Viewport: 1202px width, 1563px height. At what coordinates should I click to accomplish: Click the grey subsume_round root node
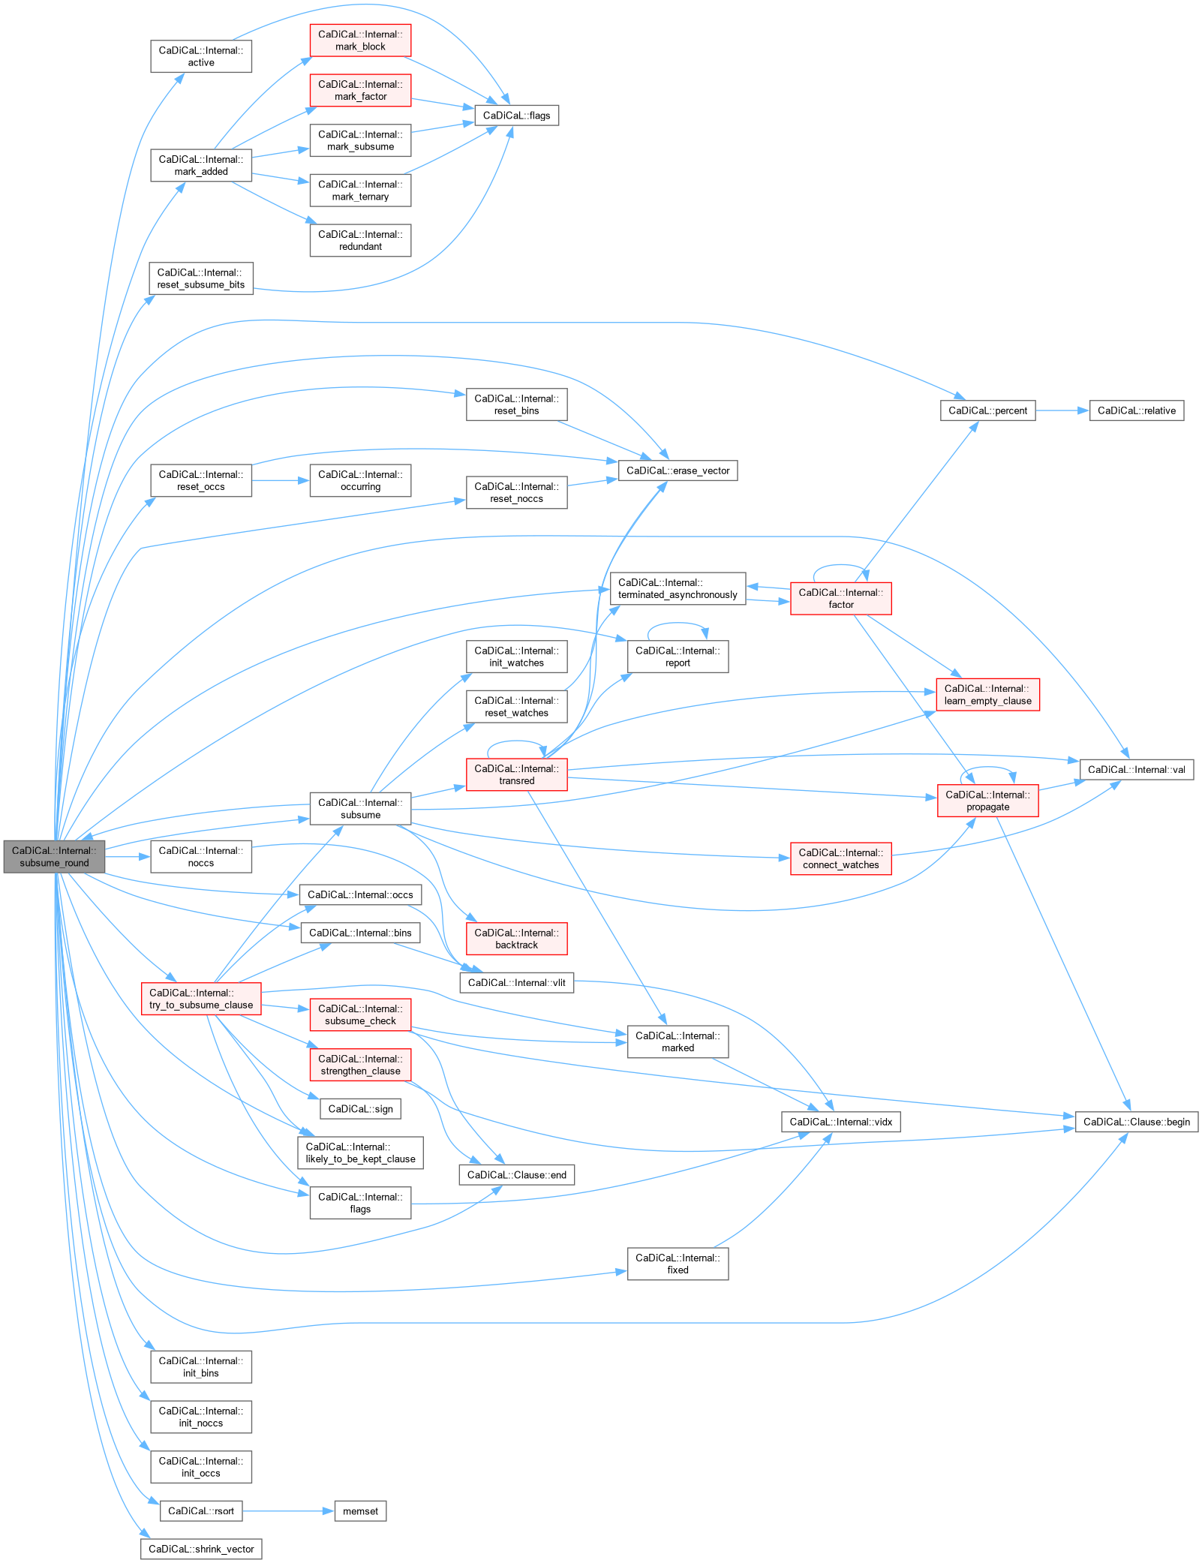coord(54,857)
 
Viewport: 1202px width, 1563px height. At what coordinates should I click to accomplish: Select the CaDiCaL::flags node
coord(516,116)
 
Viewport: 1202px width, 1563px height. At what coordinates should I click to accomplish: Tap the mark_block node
coord(360,41)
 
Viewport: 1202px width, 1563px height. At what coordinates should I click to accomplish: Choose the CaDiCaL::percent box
coord(987,410)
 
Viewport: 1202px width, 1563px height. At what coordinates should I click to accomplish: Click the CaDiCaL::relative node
coord(1136,410)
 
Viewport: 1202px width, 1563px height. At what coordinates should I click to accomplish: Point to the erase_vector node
coord(678,470)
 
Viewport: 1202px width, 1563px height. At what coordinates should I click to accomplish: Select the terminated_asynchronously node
coord(678,589)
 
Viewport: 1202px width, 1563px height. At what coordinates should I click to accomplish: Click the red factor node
coord(840,599)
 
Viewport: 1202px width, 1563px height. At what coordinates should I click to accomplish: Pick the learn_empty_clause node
coord(987,695)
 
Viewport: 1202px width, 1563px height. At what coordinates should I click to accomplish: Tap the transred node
coord(516,774)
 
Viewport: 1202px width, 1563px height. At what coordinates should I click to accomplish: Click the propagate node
coord(987,801)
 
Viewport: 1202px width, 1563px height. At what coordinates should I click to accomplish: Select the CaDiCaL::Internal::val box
coord(1136,770)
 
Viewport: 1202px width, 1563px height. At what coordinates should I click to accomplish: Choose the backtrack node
coord(516,939)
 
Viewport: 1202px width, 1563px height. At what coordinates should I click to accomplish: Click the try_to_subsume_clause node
coord(201,999)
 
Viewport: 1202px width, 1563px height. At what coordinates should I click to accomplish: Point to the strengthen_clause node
coord(360,1065)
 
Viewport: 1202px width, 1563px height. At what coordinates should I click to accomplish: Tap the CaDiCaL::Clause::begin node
coord(1136,1122)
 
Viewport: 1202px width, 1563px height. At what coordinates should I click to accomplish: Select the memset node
coord(360,1511)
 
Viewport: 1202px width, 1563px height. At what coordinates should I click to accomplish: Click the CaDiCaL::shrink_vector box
coord(201,1549)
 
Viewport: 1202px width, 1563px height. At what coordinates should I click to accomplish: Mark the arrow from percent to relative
coord(1062,410)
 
